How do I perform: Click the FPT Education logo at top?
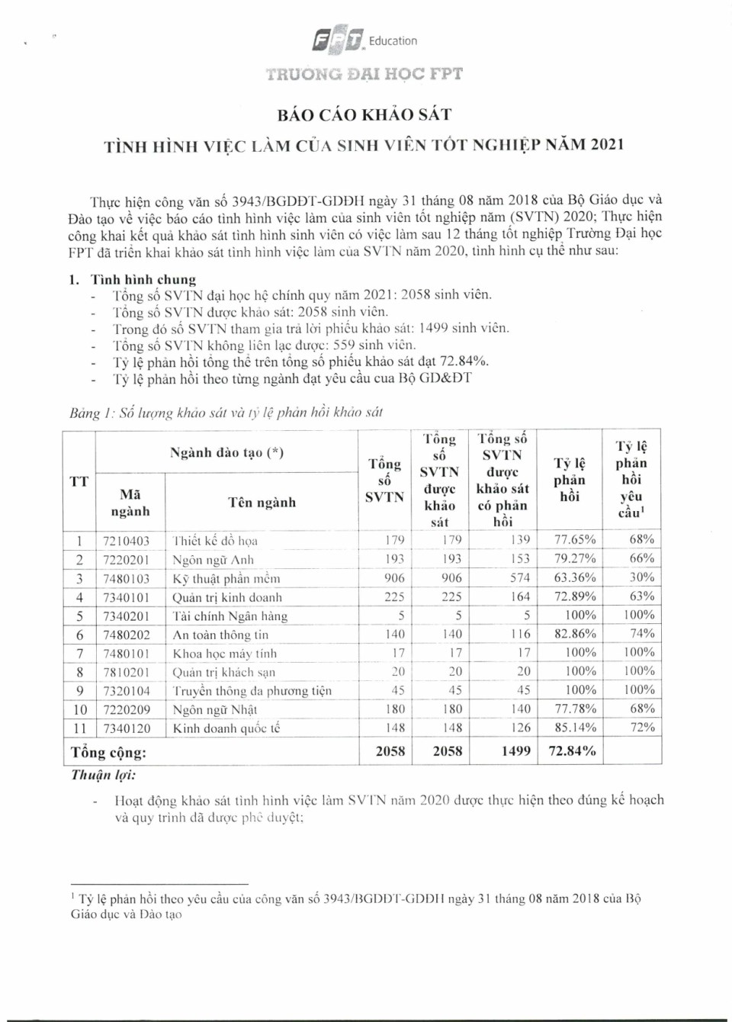pos(364,40)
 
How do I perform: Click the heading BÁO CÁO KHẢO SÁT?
pos(364,114)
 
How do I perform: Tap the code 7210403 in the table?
pos(127,541)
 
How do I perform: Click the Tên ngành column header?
pos(262,502)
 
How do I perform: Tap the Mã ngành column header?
pos(130,503)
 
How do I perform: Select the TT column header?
pos(79,481)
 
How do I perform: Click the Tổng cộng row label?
pos(109,753)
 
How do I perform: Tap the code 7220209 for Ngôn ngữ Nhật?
pos(127,710)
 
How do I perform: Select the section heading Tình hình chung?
pos(143,279)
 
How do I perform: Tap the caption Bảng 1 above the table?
pos(226,413)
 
